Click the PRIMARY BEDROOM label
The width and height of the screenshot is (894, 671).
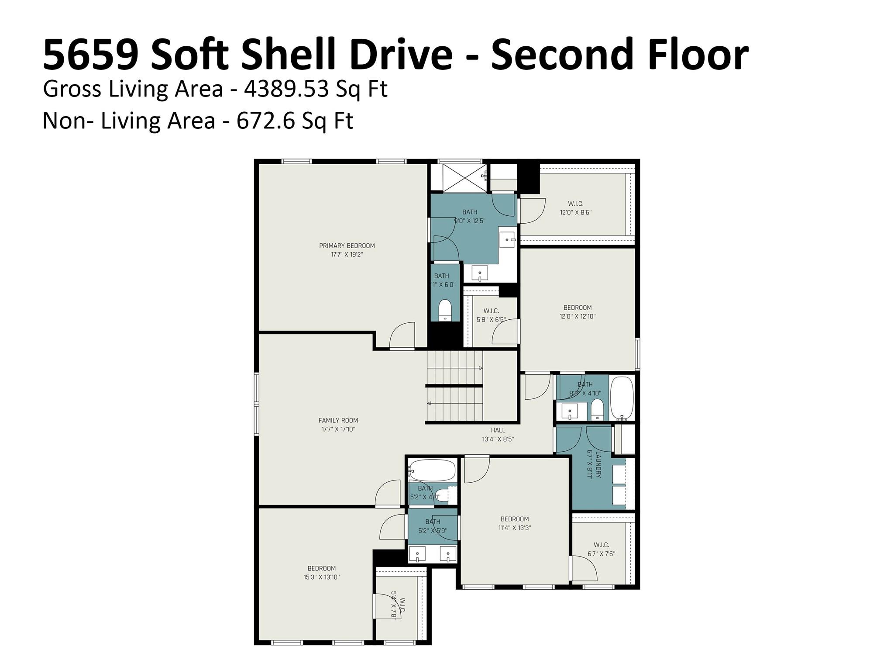pyautogui.click(x=347, y=246)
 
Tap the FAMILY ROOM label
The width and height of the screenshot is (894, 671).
pyautogui.click(x=338, y=420)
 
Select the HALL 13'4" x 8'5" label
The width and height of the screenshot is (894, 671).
pyautogui.click(x=498, y=435)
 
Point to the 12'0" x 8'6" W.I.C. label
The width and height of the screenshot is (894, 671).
pyautogui.click(x=575, y=208)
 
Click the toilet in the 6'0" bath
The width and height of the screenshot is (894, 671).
pyautogui.click(x=445, y=310)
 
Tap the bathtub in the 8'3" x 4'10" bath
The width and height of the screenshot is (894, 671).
pyautogui.click(x=622, y=398)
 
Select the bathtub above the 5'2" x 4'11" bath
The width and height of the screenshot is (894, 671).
pyautogui.click(x=432, y=470)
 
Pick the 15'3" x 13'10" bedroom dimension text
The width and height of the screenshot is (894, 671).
pyautogui.click(x=321, y=577)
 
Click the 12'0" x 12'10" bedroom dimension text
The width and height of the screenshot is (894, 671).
pyautogui.click(x=577, y=316)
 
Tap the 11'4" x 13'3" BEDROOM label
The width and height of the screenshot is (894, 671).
pyautogui.click(x=514, y=519)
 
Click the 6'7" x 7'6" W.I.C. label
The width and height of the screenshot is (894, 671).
pyautogui.click(x=601, y=549)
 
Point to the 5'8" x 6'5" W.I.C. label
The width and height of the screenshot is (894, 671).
pyautogui.click(x=491, y=315)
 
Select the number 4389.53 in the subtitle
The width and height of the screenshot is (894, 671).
pyautogui.click(x=286, y=89)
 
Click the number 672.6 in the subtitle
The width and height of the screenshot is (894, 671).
pyautogui.click(x=265, y=121)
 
